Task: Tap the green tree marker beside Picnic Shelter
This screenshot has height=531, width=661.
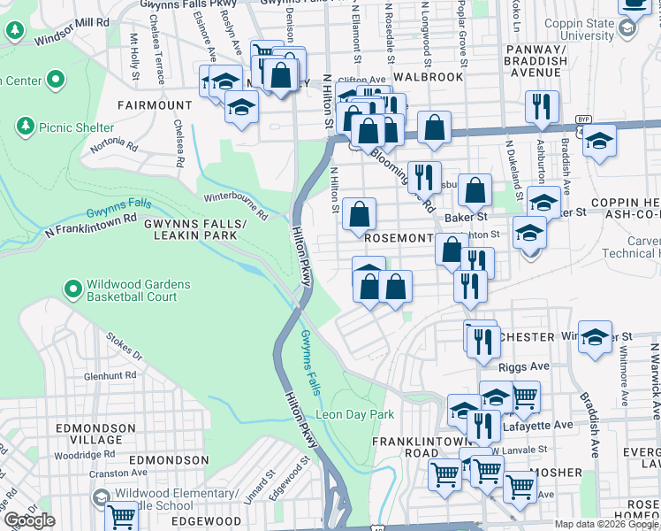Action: [26, 126]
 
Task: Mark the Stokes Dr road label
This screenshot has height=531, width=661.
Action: [124, 347]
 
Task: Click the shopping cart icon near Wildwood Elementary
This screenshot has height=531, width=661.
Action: [121, 514]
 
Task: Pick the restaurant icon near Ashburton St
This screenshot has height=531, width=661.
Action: [541, 106]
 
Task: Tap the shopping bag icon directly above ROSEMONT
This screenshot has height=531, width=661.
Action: [360, 213]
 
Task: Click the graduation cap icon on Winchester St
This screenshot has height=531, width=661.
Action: [596, 337]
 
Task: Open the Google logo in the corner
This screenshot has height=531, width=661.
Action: [29, 520]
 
